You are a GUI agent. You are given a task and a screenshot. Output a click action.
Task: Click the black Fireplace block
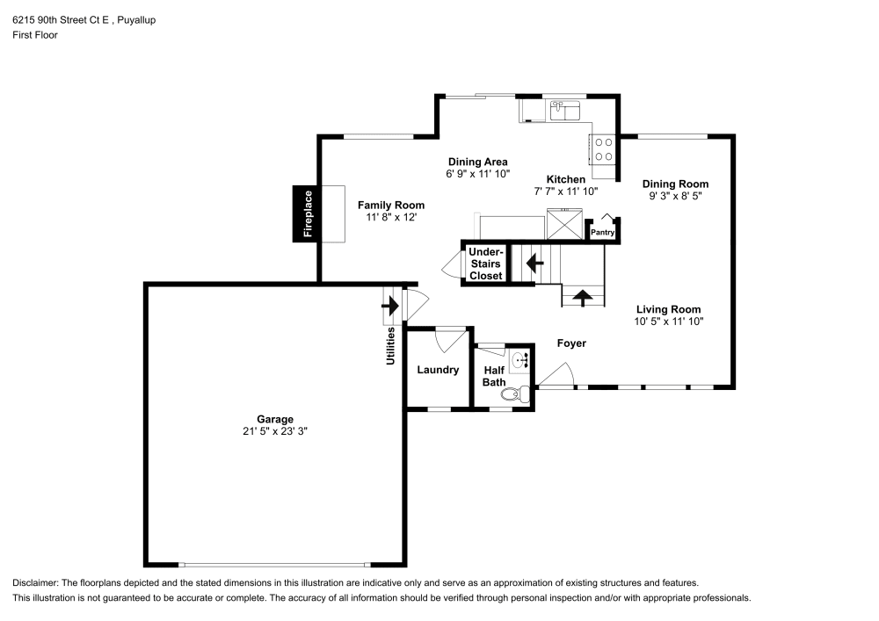click(x=307, y=214)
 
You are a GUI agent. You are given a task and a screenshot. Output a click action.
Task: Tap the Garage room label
click(x=275, y=419)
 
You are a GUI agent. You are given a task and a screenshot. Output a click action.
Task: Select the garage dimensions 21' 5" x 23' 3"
click(x=275, y=431)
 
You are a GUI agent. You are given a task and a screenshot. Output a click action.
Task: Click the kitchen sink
click(x=564, y=110)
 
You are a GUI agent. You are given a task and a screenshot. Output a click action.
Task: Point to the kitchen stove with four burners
click(x=603, y=148)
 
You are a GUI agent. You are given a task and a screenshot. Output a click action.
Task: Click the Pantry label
click(x=602, y=233)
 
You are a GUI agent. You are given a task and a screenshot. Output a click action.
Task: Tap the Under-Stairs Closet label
click(x=485, y=264)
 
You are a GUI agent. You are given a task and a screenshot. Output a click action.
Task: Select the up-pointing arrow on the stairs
click(x=583, y=297)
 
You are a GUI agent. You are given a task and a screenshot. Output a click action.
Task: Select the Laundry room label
click(x=438, y=370)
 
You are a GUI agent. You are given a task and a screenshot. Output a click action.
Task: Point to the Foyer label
click(x=571, y=343)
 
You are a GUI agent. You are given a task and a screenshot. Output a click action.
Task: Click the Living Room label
click(x=669, y=309)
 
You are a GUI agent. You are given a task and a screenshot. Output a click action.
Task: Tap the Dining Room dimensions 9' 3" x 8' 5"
click(x=675, y=197)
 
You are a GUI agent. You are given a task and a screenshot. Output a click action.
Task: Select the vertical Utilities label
click(x=391, y=346)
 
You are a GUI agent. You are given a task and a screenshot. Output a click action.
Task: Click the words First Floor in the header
click(x=35, y=35)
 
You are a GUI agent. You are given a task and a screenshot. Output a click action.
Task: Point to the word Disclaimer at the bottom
click(x=33, y=582)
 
